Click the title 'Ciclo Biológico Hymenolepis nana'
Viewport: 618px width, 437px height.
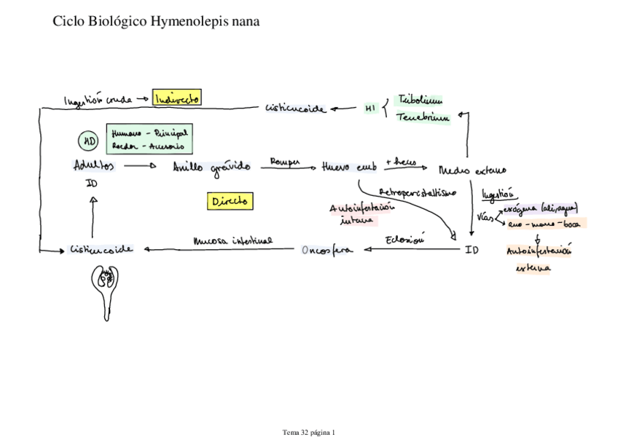156,22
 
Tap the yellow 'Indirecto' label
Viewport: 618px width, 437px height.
176,98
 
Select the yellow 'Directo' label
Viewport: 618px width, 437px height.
230,201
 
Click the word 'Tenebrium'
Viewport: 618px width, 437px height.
422,116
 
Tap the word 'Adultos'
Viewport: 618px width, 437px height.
94,165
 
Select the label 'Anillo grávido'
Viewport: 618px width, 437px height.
211,167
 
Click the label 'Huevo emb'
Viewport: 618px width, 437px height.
349,167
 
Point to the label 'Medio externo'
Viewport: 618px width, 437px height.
472,170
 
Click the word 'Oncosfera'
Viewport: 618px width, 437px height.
326,251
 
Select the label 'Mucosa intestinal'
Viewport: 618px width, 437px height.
232,240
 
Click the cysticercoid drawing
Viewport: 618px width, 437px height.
108,290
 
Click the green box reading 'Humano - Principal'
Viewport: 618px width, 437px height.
149,133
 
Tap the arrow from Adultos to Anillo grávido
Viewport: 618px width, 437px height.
140,166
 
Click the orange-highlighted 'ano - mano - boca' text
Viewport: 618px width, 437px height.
544,224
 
